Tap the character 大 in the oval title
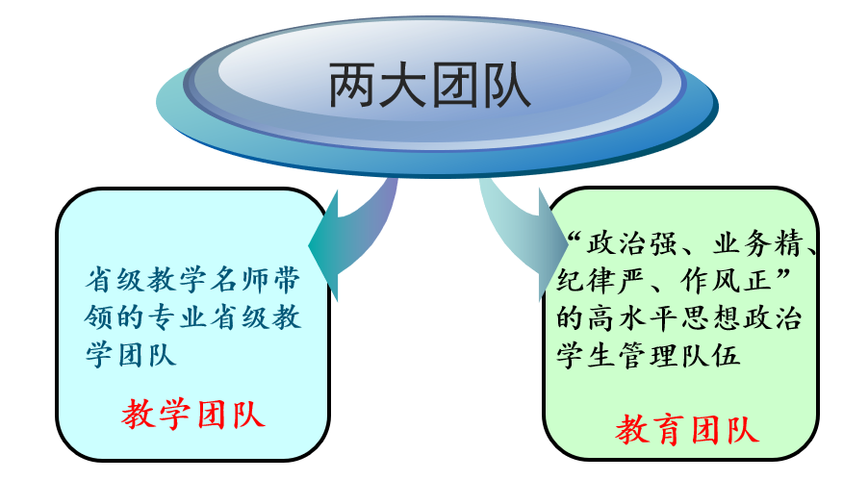[404, 86]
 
